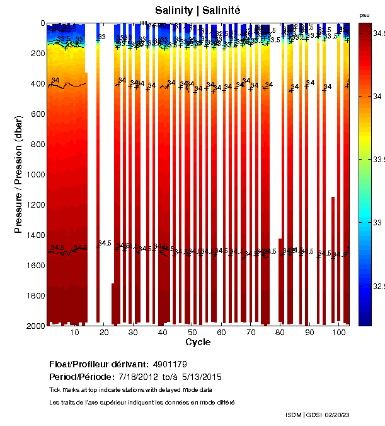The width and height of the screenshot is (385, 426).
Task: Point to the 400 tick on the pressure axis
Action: click(x=37, y=83)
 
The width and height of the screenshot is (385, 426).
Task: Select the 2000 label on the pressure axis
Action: click(x=35, y=326)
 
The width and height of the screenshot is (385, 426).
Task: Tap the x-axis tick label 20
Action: click(x=103, y=332)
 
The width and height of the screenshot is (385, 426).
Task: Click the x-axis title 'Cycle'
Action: click(x=198, y=342)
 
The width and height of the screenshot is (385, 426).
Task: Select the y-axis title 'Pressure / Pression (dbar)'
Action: click(x=18, y=174)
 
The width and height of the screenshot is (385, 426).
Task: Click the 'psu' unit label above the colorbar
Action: click(x=364, y=15)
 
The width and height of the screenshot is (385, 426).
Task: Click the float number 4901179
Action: click(x=170, y=364)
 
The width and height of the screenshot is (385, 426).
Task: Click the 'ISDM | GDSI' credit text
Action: click(x=304, y=415)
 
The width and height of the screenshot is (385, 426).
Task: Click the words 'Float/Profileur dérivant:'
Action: click(x=98, y=364)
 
